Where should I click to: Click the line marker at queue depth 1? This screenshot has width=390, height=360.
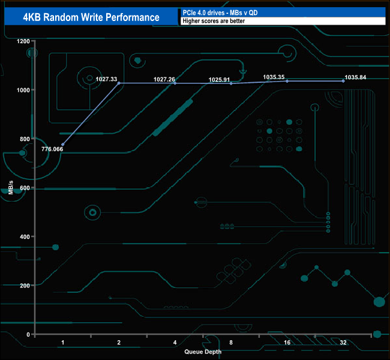click(x=63, y=145)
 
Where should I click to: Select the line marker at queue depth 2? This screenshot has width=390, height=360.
click(x=119, y=83)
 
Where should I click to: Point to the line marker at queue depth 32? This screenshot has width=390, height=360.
click(x=343, y=80)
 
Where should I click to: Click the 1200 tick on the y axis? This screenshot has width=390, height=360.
click(x=23, y=41)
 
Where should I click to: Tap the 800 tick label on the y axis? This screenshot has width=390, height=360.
click(x=23, y=139)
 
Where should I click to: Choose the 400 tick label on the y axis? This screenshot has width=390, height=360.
click(x=23, y=236)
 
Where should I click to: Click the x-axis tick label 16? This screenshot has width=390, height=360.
click(x=287, y=343)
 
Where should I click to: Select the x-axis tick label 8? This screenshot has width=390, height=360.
click(x=231, y=343)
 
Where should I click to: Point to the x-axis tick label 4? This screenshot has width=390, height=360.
click(x=175, y=343)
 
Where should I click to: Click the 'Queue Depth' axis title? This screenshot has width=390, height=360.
click(x=203, y=352)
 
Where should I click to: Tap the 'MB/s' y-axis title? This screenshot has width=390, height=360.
click(x=11, y=188)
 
